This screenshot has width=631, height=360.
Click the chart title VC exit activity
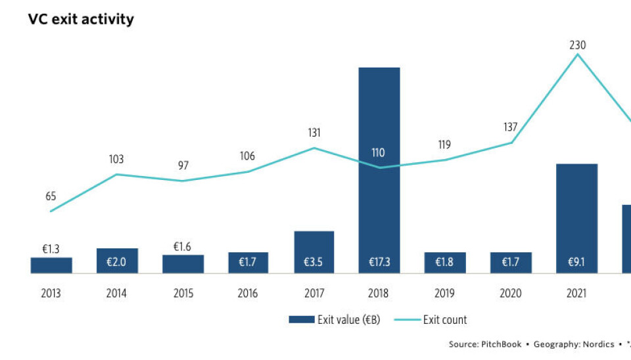pyautogui.click(x=81, y=19)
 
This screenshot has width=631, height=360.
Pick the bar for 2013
pyautogui.click(x=51, y=265)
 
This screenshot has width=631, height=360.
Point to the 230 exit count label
pyautogui.click(x=578, y=45)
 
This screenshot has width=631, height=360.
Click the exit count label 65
pyautogui.click(x=51, y=196)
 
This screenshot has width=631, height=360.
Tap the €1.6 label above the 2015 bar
pyautogui.click(x=183, y=246)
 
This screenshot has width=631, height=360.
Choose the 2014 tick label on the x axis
pyautogui.click(x=116, y=294)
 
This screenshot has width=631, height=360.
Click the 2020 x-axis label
pyautogui.click(x=511, y=294)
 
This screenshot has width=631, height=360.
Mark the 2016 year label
pyautogui.click(x=248, y=294)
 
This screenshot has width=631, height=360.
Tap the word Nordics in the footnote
pyautogui.click(x=599, y=344)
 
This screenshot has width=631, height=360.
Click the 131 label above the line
pyautogui.click(x=314, y=133)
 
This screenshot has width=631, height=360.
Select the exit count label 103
pyautogui.click(x=116, y=159)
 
